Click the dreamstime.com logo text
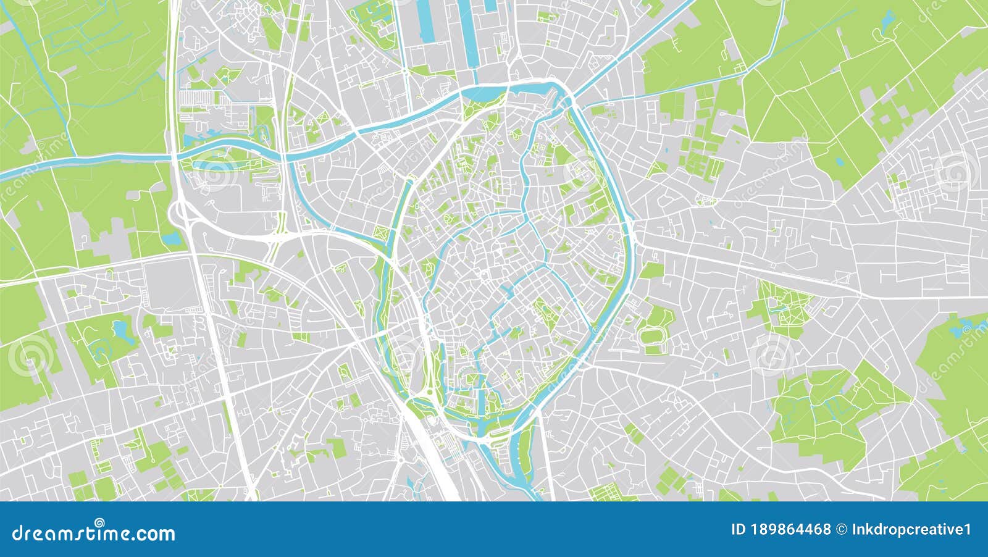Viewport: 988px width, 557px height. pyautogui.click(x=94, y=532)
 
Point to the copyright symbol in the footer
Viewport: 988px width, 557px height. pyautogui.click(x=841, y=529)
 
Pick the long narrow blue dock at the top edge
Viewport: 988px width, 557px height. pyautogui.click(x=425, y=22)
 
